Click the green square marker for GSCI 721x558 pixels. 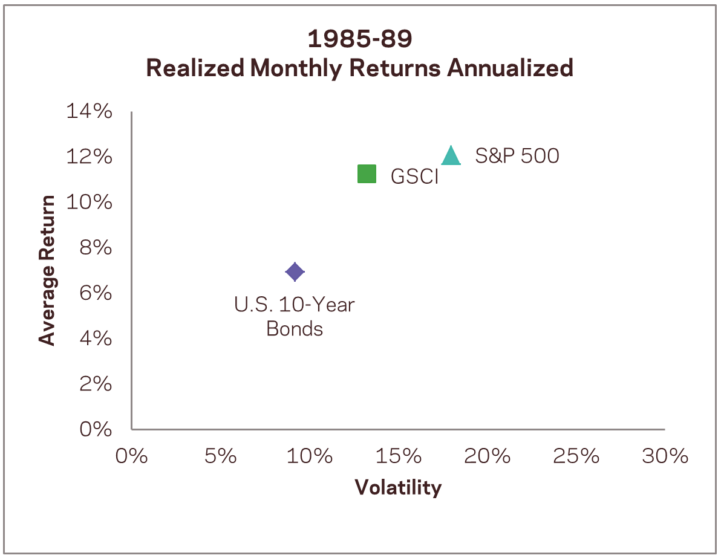tap(367, 174)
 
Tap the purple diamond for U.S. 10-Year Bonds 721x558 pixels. tap(295, 272)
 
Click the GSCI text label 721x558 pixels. tap(414, 177)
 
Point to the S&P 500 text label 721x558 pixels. tap(517, 156)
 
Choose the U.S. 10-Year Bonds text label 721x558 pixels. tap(295, 317)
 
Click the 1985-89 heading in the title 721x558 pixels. tap(360, 39)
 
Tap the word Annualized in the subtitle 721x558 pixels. tap(510, 68)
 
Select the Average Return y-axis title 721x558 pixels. tap(47, 270)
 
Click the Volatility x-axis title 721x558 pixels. tap(398, 487)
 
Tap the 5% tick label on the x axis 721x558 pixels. tap(220, 456)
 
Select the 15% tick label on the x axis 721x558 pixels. tap(398, 456)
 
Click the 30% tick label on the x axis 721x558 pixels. tap(665, 456)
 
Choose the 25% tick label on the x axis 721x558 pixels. tap(576, 456)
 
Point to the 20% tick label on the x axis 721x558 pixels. tap(487, 456)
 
